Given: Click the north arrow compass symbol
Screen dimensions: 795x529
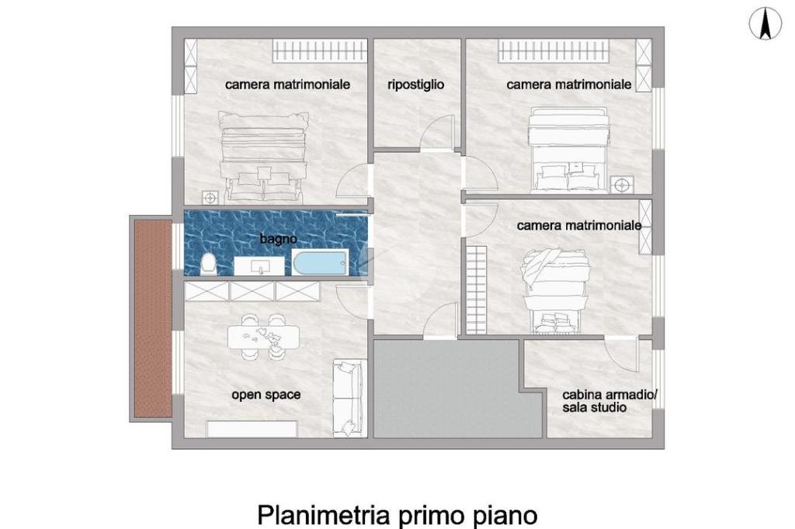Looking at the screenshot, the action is click(765, 24).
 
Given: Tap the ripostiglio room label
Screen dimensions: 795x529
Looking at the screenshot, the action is click(416, 84).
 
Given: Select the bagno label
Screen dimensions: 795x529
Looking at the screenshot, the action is click(279, 238).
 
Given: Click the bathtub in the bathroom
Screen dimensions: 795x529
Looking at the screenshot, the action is click(321, 263).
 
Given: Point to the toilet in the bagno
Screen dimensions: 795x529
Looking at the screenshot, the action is click(208, 264).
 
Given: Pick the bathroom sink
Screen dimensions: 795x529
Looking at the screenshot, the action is click(259, 266).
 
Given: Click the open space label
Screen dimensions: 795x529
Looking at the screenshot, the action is click(266, 395).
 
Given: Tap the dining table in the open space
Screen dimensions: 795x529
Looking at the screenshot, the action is click(264, 337).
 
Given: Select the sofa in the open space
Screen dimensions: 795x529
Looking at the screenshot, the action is click(349, 398).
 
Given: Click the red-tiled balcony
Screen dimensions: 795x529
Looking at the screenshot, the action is click(153, 319).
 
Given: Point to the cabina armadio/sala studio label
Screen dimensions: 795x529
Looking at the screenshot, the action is click(609, 401).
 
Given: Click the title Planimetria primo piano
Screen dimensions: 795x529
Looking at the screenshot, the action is click(397, 515).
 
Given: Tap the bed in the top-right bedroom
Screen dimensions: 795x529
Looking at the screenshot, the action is click(568, 150).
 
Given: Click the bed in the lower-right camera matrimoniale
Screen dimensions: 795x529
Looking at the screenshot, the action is click(555, 291).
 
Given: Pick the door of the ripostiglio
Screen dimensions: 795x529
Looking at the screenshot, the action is click(439, 133).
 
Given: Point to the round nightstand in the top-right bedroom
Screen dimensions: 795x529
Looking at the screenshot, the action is click(622, 185).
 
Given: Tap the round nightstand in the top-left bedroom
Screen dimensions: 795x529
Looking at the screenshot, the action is click(210, 197).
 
